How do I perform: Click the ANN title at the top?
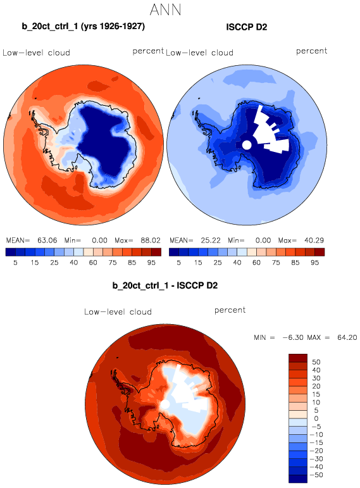[x=165, y=10]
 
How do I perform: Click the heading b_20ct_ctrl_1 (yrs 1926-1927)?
[x=84, y=26]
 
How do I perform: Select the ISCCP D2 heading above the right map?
[x=246, y=27]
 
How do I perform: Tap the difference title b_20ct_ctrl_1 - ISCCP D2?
[x=165, y=285]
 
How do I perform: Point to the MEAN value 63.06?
[x=47, y=241]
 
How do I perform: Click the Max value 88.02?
[x=151, y=241]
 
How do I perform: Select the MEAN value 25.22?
[x=211, y=241]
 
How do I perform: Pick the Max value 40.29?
[x=314, y=241]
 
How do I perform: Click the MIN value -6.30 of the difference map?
[x=293, y=337]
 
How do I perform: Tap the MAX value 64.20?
[x=347, y=337]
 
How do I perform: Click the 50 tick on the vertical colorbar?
[x=316, y=362]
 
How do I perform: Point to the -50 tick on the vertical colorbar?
[x=316, y=475]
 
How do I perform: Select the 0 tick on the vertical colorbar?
[x=316, y=418]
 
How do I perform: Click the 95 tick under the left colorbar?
[x=151, y=263]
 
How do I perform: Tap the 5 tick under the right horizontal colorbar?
[x=178, y=263]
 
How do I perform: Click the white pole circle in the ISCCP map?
[x=246, y=145]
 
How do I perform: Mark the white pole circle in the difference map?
[x=164, y=404]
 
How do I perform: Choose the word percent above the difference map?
[x=230, y=310]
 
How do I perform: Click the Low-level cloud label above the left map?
[x=36, y=53]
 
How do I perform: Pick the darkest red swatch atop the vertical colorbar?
[x=298, y=358]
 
